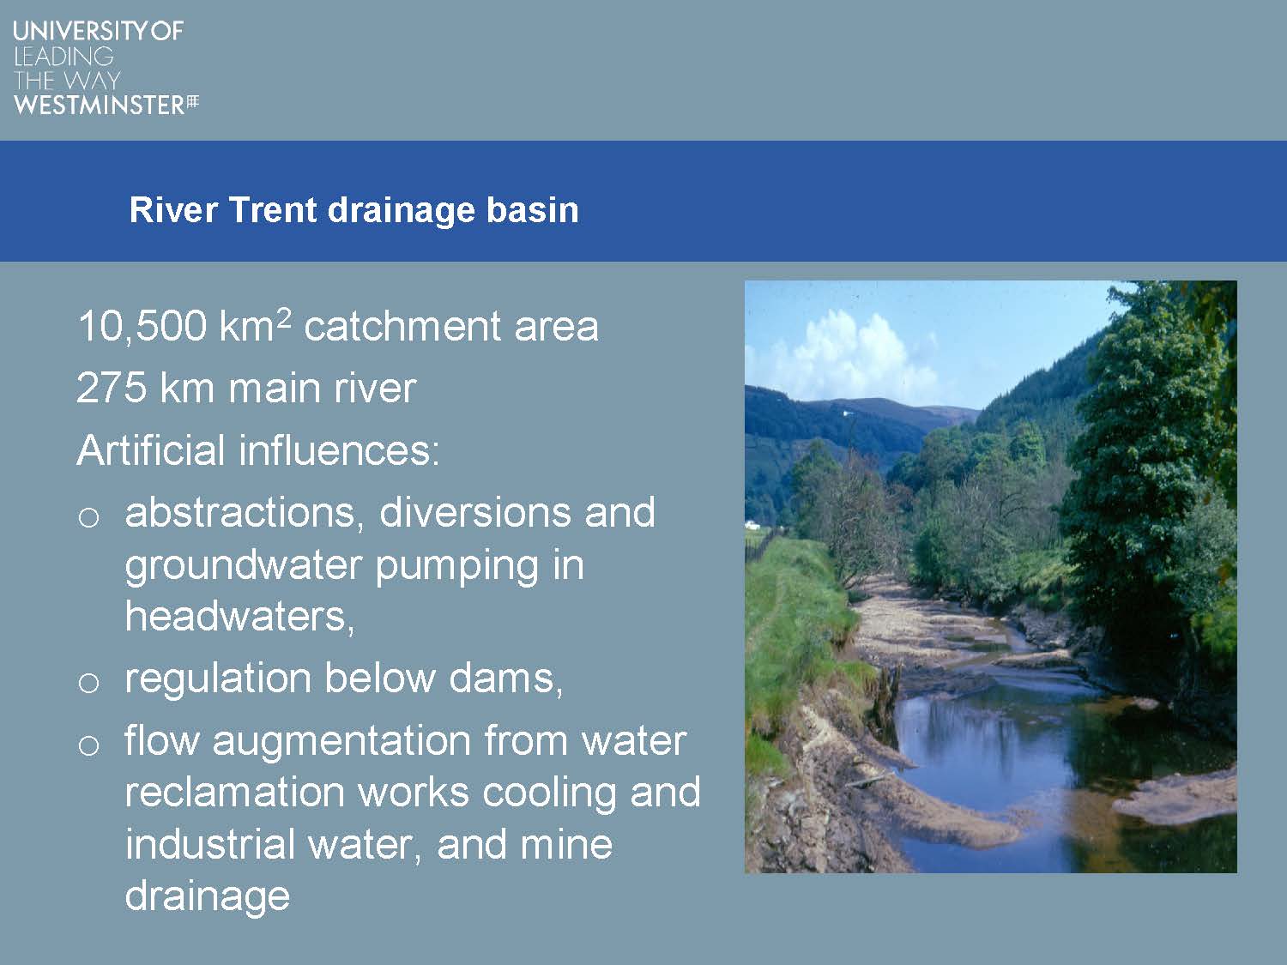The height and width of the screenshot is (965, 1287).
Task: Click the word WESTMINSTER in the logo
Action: [100, 106]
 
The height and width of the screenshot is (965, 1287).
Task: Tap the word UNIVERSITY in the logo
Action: [81, 31]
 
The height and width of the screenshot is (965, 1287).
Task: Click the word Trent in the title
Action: [273, 210]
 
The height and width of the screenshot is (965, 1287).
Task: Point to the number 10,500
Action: [142, 326]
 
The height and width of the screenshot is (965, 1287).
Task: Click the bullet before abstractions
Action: [88, 517]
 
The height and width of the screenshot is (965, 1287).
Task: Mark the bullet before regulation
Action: [88, 683]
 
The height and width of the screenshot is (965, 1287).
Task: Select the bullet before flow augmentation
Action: [88, 746]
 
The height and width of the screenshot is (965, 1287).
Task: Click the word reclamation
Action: [234, 793]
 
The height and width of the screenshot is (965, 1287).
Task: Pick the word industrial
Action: [209, 845]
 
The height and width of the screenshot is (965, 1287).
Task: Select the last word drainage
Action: [208, 897]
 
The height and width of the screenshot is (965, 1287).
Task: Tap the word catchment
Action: [402, 326]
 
